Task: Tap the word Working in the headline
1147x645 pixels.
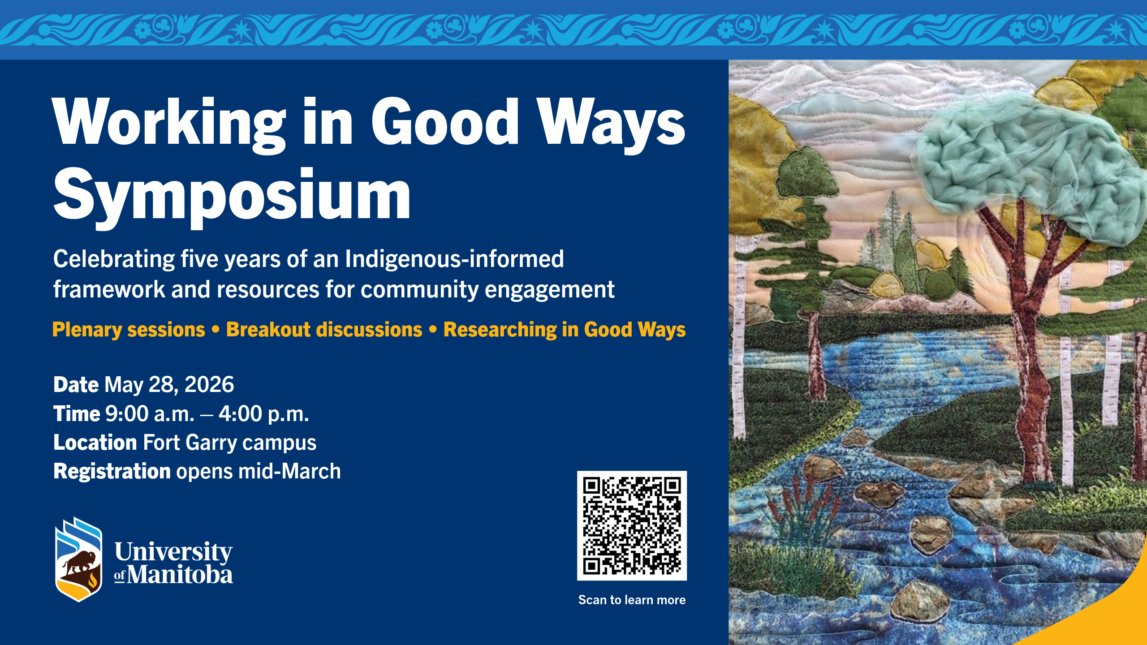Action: pos(169,123)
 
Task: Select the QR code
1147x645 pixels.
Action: pos(632,525)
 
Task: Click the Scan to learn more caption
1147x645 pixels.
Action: pos(632,600)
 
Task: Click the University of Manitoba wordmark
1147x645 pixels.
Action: pos(173,563)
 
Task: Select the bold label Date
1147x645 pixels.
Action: pos(76,384)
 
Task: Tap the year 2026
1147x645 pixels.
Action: pos(209,384)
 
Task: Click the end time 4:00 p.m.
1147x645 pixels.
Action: pos(264,413)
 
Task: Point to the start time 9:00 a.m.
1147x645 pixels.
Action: pos(150,413)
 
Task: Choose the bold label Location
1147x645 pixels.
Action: pos(95,442)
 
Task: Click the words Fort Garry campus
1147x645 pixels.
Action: pos(230,443)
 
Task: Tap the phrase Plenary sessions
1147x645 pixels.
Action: pos(129,330)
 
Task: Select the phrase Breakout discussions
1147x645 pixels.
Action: pos(324,330)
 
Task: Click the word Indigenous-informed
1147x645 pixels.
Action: pos(454,259)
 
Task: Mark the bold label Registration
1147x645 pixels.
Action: pos(112,472)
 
